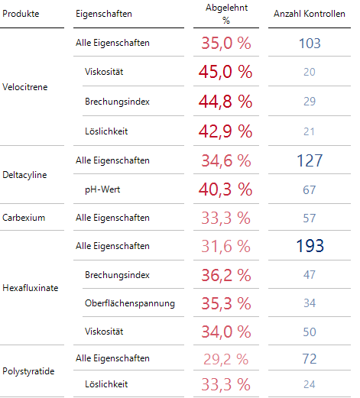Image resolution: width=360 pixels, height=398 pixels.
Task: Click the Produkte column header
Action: coord(21,14)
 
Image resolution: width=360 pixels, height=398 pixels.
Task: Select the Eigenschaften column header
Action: coord(104,14)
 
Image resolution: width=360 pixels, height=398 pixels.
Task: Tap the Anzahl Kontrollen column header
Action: coord(309,14)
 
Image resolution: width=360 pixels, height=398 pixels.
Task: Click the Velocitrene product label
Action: coord(25,87)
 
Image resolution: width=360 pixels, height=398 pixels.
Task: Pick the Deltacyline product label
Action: coord(25,175)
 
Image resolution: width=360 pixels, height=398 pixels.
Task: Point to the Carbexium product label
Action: coord(24,218)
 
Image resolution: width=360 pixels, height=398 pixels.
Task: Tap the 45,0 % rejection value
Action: coord(226,73)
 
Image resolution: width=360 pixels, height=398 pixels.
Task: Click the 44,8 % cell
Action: coord(226,102)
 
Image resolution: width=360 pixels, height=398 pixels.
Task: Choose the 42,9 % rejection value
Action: coord(226,131)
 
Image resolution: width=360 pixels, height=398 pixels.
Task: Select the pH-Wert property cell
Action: coord(105,189)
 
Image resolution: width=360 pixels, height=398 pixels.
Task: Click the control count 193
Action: coord(309,247)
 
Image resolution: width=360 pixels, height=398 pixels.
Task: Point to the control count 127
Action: coord(309,160)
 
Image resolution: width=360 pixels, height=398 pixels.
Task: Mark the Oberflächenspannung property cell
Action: coord(130,303)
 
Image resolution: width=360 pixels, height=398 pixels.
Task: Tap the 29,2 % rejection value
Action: coord(226,358)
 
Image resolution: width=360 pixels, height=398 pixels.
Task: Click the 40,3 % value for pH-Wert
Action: coord(226,189)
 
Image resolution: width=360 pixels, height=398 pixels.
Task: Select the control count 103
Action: coord(309,44)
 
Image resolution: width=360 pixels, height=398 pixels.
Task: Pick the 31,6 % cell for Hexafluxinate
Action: coord(226,247)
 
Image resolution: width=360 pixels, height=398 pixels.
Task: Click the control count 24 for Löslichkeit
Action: coord(309,383)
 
